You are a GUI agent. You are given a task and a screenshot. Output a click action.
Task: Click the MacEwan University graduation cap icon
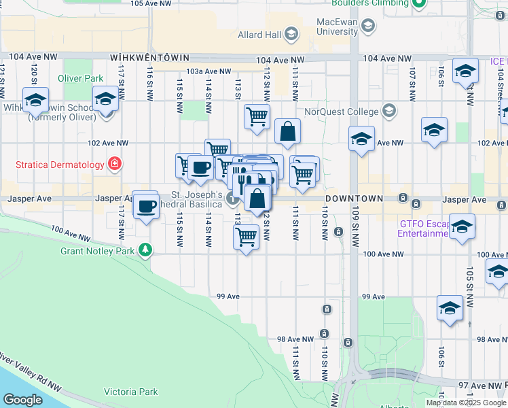pyautogui.click(x=367, y=27)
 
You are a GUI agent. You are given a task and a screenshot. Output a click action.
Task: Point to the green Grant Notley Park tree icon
pyautogui.click(x=145, y=250)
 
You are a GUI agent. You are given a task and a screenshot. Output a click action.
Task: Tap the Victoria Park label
pyautogui.click(x=130, y=392)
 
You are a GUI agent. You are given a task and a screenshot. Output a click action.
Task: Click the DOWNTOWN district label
pyautogui.click(x=354, y=199)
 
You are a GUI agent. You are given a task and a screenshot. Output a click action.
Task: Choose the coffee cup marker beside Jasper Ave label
pyautogui.click(x=146, y=205)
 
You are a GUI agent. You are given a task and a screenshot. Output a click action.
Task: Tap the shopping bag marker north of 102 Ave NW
pyautogui.click(x=288, y=132)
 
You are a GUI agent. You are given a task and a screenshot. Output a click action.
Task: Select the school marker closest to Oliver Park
pyautogui.click(x=105, y=101)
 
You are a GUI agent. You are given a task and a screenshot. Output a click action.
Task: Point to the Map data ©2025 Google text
pyautogui.click(x=465, y=403)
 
